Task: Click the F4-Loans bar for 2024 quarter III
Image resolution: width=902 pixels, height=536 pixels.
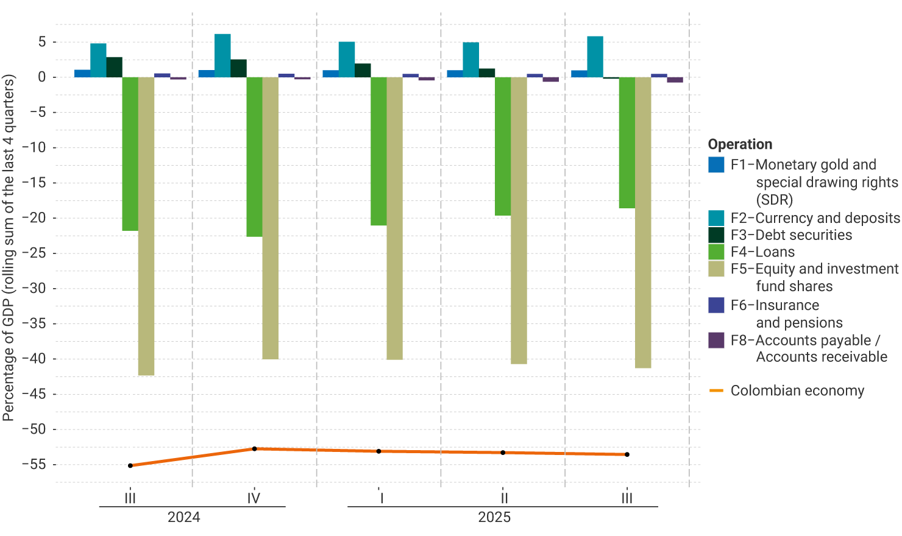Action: pyautogui.click(x=130, y=153)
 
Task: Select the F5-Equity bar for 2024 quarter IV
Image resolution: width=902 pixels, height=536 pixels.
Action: pyautogui.click(x=270, y=218)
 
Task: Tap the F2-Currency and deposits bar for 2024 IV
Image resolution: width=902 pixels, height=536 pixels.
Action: pyautogui.click(x=222, y=55)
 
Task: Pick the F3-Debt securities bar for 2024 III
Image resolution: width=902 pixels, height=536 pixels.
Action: pyautogui.click(x=114, y=67)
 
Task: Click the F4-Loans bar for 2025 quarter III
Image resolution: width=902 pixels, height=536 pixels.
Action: pyautogui.click(x=627, y=143)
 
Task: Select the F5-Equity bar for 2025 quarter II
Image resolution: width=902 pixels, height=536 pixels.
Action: pyautogui.click(x=519, y=220)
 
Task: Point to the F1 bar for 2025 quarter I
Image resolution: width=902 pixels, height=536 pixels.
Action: pyautogui.click(x=330, y=74)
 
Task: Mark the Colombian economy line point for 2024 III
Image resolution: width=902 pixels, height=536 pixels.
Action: pyautogui.click(x=130, y=465)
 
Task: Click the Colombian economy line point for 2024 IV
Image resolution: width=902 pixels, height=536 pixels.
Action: pyautogui.click(x=254, y=449)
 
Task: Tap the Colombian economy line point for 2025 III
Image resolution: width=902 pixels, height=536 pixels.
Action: pyautogui.click(x=627, y=454)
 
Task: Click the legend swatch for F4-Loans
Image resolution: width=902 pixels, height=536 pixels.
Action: pyautogui.click(x=716, y=252)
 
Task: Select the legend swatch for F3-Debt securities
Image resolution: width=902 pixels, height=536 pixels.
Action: pyautogui.click(x=716, y=235)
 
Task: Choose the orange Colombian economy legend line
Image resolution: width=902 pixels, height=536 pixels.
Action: pyautogui.click(x=716, y=390)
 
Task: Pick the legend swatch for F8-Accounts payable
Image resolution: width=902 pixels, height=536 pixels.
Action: pyautogui.click(x=716, y=340)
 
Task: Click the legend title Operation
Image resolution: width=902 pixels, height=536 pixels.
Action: pyautogui.click(x=740, y=144)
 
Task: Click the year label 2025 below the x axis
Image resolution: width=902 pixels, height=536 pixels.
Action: pyautogui.click(x=494, y=518)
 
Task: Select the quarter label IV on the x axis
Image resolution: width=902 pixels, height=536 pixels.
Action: pyautogui.click(x=254, y=498)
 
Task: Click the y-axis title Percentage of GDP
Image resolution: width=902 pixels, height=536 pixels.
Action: pyautogui.click(x=9, y=247)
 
